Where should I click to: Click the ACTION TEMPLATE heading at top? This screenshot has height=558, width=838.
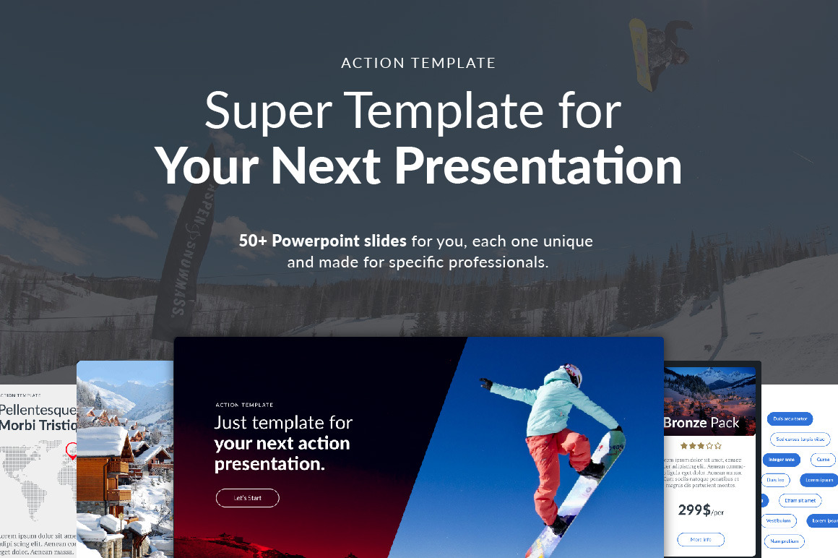(418, 63)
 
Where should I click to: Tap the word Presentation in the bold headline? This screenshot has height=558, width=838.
(538, 166)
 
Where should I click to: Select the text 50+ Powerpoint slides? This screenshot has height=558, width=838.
(323, 241)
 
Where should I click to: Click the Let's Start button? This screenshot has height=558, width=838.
(247, 498)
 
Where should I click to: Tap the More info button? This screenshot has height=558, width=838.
(700, 539)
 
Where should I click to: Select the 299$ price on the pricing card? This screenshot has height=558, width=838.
(694, 510)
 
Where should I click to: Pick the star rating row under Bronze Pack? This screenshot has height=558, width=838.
(701, 446)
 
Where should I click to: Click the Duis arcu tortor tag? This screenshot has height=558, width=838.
(790, 418)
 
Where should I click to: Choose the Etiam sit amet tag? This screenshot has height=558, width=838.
(800, 500)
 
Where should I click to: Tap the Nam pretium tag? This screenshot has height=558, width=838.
(784, 541)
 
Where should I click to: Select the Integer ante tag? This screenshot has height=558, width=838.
(781, 459)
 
